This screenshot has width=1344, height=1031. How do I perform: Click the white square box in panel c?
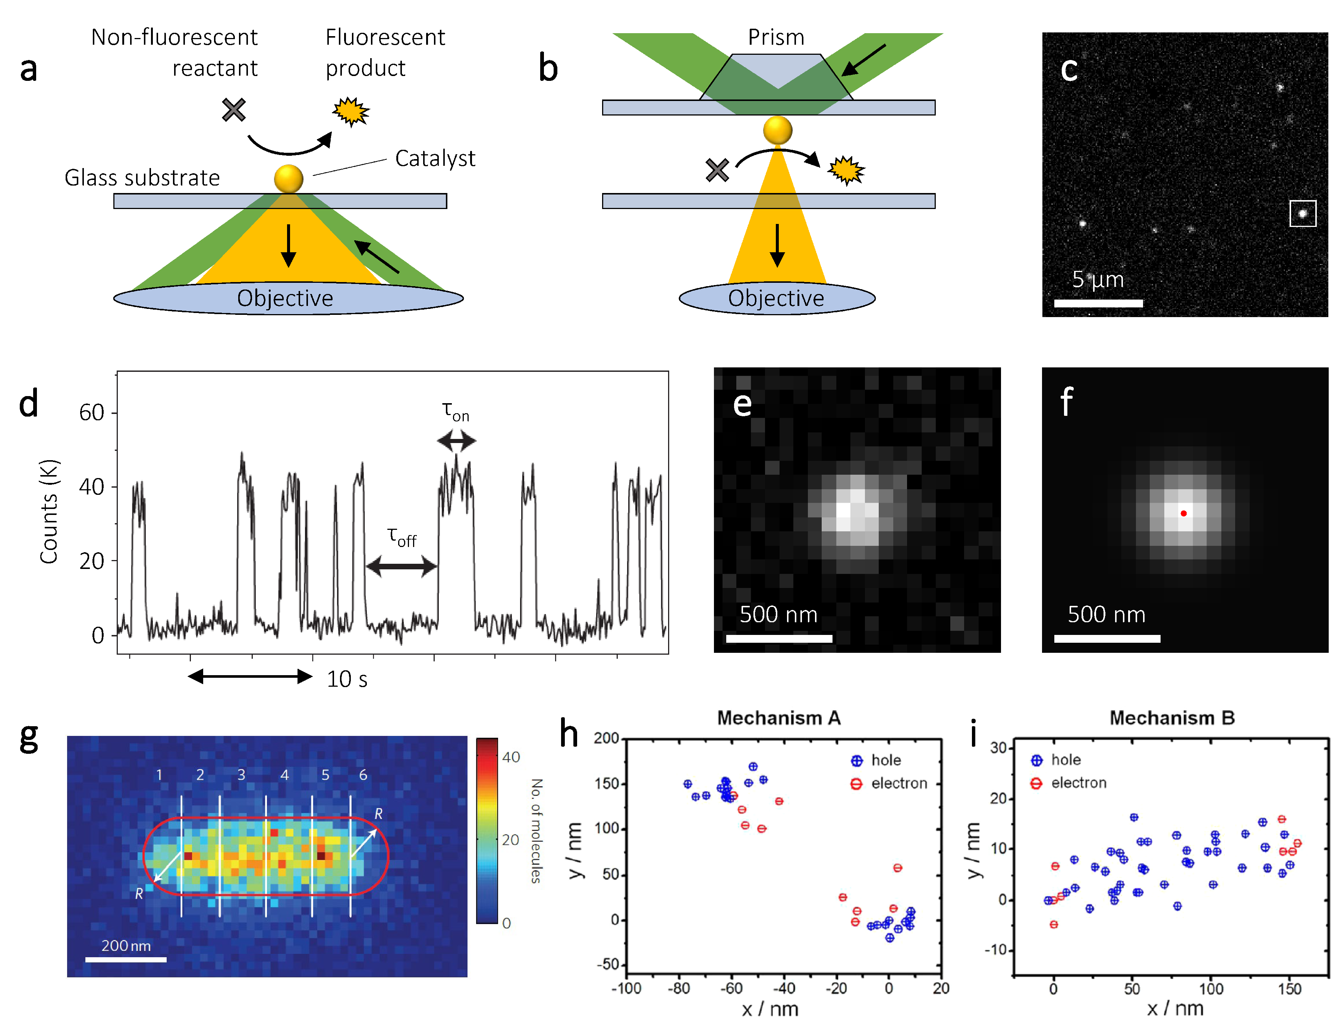pos(1302,214)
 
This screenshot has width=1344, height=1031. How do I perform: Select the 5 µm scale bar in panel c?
pos(1098,303)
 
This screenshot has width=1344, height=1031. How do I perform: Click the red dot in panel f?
pos(1183,513)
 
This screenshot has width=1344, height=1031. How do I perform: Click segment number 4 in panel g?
pos(284,775)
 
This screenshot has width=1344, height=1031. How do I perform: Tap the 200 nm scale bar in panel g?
pos(126,959)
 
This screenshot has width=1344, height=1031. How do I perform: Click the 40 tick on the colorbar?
pos(511,757)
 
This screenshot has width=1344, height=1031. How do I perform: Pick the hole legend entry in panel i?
pos(1056,760)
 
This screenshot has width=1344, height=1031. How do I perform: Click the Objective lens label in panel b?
pos(776,298)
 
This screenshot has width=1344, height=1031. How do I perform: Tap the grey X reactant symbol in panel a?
pos(234,110)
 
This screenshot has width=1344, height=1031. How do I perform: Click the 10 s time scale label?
pos(347,679)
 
